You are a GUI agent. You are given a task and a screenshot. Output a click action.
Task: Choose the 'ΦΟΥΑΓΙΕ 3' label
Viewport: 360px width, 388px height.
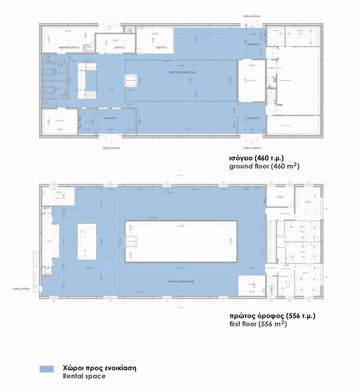255,44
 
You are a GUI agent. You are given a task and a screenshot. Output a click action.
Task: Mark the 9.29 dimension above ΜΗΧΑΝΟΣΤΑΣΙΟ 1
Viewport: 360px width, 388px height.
68,31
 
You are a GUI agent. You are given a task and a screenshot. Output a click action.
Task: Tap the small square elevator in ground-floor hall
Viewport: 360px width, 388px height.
130,81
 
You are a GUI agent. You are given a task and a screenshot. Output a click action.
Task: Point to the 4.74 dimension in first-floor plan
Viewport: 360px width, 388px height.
252,292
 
